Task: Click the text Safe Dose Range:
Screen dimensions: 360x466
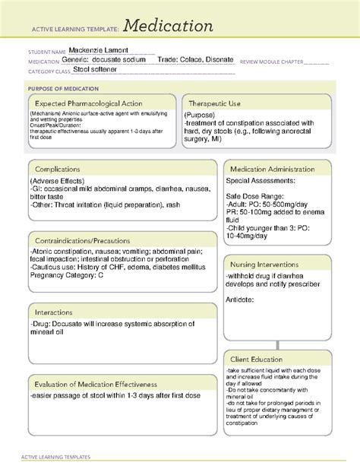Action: click(253, 196)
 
